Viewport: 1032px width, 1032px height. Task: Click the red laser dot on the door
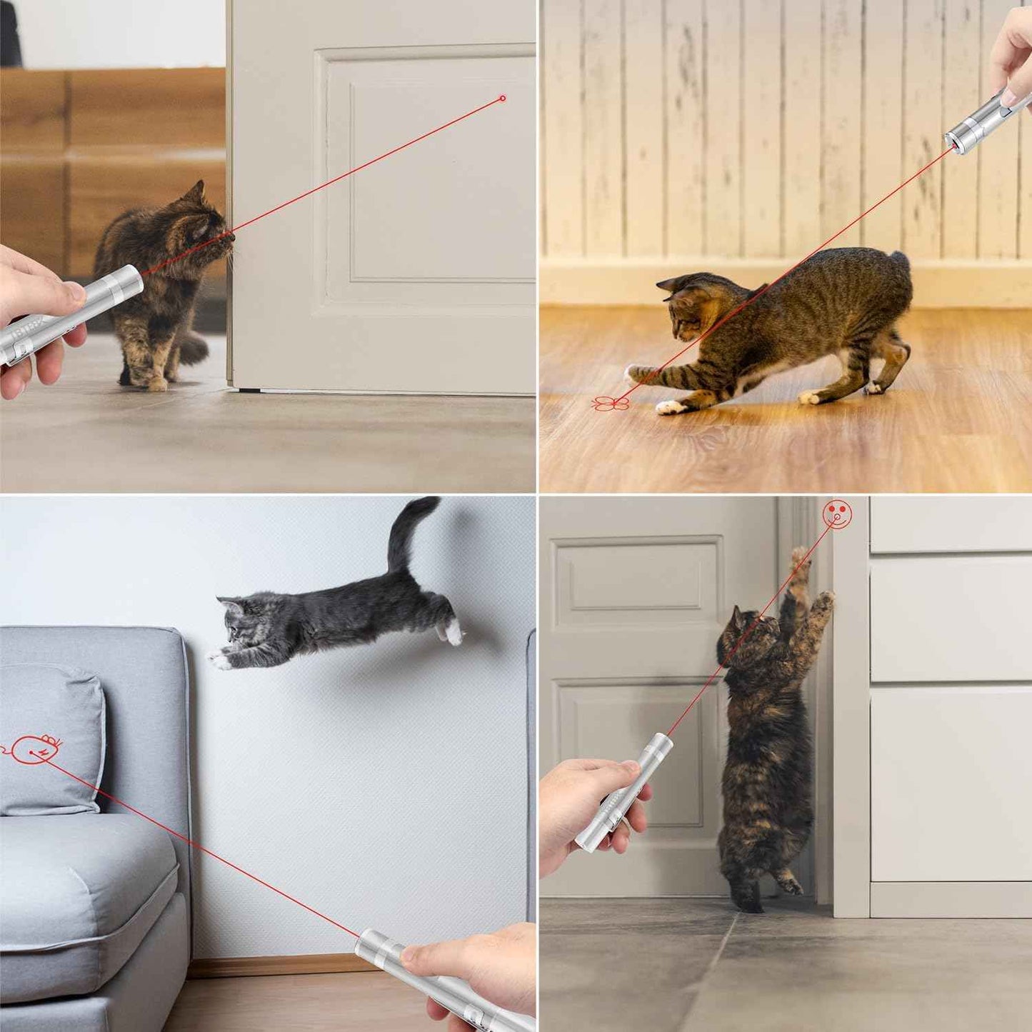point(503,98)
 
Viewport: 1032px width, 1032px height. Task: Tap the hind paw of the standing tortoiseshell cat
point(790,886)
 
